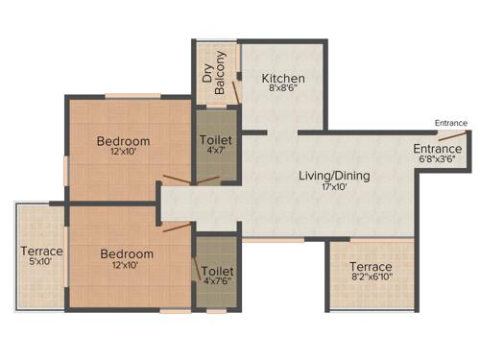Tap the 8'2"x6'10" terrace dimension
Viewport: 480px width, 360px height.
(371, 277)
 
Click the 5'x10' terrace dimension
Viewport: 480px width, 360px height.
(41, 262)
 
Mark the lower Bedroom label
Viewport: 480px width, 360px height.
(126, 253)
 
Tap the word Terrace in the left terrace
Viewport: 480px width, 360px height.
(41, 252)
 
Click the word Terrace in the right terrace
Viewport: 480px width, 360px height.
(371, 266)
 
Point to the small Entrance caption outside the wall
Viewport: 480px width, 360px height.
(451, 123)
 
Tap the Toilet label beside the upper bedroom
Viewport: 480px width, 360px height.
(214, 140)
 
